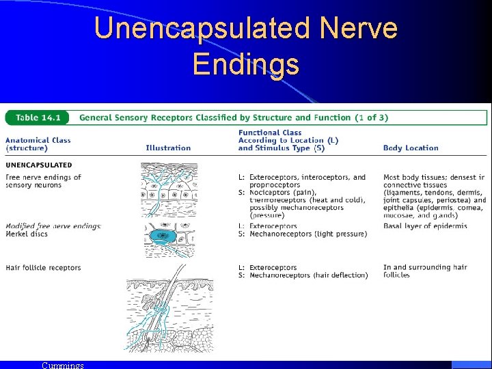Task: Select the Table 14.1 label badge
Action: coord(38,118)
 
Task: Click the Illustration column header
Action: coord(168,148)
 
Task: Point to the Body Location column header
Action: coord(411,148)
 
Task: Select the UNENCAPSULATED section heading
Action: coord(39,165)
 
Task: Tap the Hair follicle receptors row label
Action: coord(43,268)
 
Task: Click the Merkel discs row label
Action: coord(27,234)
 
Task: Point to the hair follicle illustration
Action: coord(168,307)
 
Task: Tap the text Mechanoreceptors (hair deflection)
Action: coord(308,275)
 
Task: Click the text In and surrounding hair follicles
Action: coord(424,271)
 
